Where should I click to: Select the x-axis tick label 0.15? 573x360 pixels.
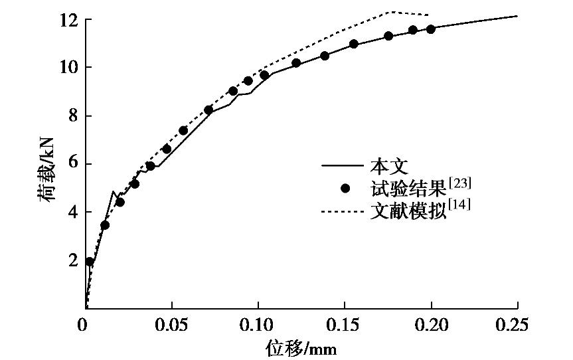pos(344,325)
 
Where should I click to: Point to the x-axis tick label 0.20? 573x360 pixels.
pos(430,325)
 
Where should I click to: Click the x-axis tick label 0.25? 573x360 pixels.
pos(517,325)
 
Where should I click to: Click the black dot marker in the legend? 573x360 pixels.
pos(345,189)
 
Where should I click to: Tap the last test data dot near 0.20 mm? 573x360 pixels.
pos(431,29)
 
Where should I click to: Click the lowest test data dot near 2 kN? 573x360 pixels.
pos(90,262)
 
